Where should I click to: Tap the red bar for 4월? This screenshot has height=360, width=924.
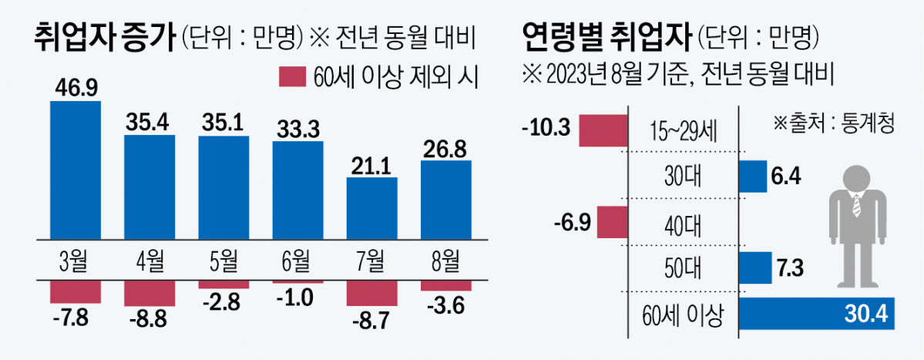[150, 294]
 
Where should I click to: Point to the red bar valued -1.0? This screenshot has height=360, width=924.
[297, 282]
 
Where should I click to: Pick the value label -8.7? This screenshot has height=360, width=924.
[371, 322]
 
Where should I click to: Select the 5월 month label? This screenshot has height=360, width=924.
[223, 260]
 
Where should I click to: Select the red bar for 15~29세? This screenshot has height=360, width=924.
[603, 130]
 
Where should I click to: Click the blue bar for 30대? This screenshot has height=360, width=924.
[753, 176]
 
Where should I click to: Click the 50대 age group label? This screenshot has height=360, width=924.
[680, 268]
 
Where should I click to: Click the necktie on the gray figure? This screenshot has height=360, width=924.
[855, 206]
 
